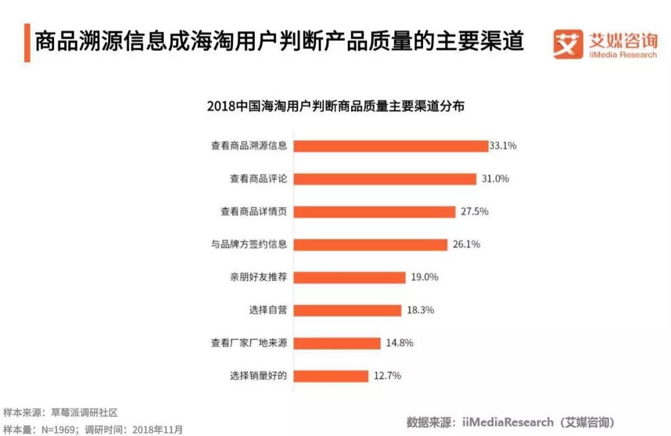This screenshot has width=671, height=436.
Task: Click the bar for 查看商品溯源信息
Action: [390, 146]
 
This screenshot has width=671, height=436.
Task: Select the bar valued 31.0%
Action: [385, 179]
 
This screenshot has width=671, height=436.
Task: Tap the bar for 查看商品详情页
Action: [374, 212]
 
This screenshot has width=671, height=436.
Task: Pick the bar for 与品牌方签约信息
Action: [370, 245]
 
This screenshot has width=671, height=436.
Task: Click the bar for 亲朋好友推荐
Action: [349, 278]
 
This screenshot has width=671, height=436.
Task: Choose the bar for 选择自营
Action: [347, 310]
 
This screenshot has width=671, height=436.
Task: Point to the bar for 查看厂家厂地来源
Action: [337, 343]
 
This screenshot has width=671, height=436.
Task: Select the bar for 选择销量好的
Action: [331, 376]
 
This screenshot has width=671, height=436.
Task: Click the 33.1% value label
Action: [503, 146]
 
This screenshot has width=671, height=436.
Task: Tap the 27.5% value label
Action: [474, 212]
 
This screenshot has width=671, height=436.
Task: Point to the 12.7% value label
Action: [387, 376]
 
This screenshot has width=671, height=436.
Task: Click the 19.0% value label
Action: [424, 278]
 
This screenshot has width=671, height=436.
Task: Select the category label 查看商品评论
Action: [258, 179]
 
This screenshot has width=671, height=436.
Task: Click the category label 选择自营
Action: [268, 310]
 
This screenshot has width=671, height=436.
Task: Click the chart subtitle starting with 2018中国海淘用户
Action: [335, 106]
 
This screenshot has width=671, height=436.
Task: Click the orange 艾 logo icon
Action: [568, 44]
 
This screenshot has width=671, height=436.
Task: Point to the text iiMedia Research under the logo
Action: [623, 55]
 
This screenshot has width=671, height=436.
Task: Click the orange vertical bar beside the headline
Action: [27, 43]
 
